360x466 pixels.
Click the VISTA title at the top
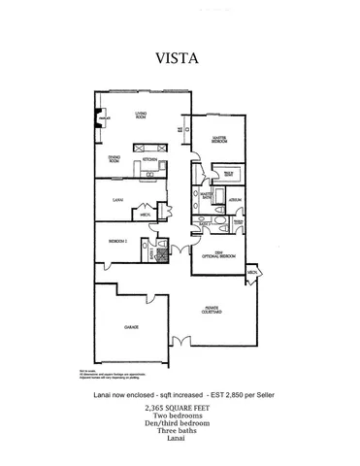pos(180,56)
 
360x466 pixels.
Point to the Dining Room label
pos(114,160)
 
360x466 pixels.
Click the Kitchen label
pos(150,157)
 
